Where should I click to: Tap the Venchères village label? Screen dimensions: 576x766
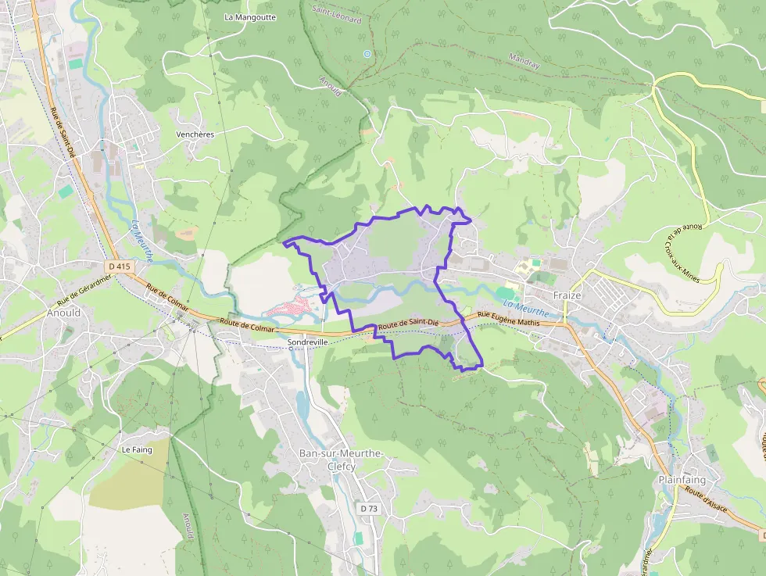tap(195, 134)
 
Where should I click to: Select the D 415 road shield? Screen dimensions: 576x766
tap(120, 267)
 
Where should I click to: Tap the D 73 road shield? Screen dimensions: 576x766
tap(369, 509)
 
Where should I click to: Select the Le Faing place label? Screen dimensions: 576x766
tap(136, 450)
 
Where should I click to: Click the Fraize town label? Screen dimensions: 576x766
tap(567, 296)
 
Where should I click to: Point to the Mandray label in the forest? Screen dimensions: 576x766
tap(524, 61)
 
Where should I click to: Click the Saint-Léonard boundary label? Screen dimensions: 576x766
tap(337, 14)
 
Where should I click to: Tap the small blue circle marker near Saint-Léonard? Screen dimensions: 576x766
tap(367, 54)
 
